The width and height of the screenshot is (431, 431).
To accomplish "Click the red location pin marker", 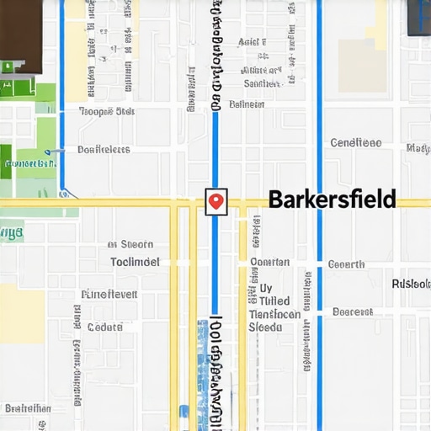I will tap(216, 200).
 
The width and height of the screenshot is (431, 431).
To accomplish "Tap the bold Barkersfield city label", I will tap(331, 200).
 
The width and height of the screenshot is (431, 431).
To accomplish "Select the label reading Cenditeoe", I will tap(355, 143).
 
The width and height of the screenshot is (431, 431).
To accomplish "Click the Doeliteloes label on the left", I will tap(104, 150).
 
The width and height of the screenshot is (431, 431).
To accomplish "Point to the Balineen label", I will tap(247, 104).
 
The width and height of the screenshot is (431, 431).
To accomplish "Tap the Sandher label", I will tap(262, 83).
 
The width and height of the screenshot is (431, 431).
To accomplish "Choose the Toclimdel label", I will tap(135, 262).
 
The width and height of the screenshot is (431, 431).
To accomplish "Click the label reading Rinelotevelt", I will tap(109, 295).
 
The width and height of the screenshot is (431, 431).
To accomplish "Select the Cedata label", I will tap(105, 327).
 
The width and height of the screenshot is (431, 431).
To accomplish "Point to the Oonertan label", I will tap(269, 262).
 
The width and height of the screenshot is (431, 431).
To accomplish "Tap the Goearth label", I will tap(346, 264).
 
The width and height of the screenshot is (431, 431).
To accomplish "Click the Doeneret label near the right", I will tap(352, 311).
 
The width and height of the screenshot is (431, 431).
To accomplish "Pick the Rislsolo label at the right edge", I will tap(411, 284).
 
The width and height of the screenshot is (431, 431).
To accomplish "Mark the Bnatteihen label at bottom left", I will tap(28, 408).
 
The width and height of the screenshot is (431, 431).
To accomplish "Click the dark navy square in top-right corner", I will tap(419, 17).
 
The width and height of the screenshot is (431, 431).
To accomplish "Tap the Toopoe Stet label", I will tap(107, 111).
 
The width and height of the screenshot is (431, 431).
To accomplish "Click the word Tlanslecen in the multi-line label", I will tap(274, 314).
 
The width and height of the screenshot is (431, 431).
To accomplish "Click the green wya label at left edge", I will tap(11, 231).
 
